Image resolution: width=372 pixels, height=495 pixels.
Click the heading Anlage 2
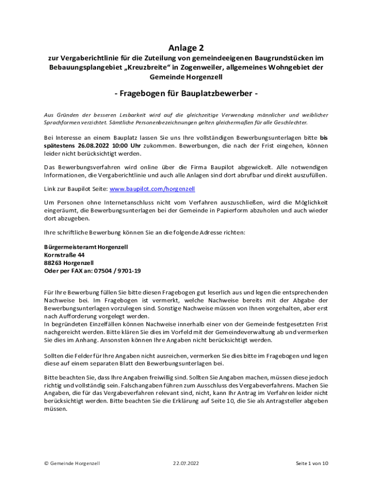[186, 48]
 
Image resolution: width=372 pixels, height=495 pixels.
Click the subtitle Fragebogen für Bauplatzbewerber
[186, 94]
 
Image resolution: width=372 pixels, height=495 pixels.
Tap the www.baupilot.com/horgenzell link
[152, 189]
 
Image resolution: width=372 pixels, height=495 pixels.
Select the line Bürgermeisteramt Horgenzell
[86, 247]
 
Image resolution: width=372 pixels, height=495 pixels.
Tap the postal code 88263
[53, 263]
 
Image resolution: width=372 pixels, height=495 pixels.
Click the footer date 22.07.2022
[186, 463]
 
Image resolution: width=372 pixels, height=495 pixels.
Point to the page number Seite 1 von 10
[312, 463]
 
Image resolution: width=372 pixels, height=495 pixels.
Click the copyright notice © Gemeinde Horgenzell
[72, 463]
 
